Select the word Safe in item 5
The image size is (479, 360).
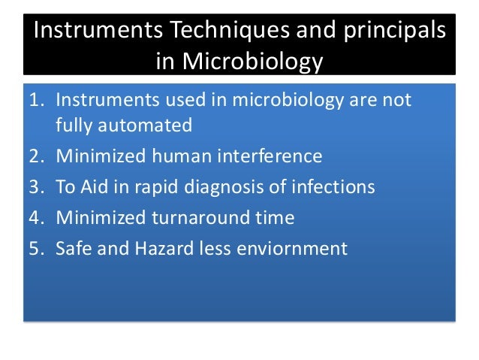pyautogui.click(x=73, y=248)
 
